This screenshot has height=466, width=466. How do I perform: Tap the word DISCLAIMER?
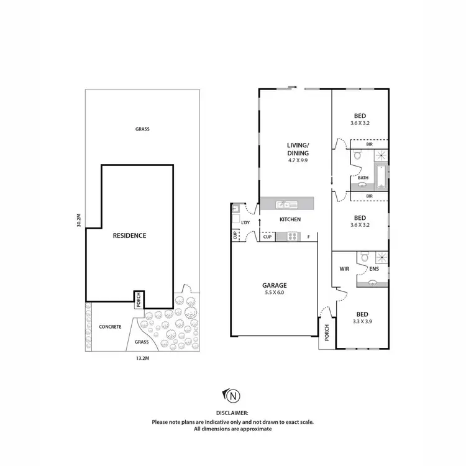pyautogui.click(x=232, y=413)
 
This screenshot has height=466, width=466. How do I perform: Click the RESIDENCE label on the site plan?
pyautogui.click(x=129, y=235)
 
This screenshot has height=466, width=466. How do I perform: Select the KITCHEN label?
pyautogui.click(x=290, y=220)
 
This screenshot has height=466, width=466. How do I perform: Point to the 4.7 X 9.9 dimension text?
pyautogui.click(x=298, y=160)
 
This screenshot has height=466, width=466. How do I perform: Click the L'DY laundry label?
pyautogui.click(x=245, y=222)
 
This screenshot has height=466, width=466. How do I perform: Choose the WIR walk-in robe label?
pyautogui.click(x=344, y=269)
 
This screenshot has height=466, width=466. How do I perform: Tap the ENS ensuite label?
pyautogui.click(x=374, y=270)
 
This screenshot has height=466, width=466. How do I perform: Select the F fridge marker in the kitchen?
pyautogui.click(x=309, y=237)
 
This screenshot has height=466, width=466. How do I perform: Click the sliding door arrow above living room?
pyautogui.click(x=292, y=87)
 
